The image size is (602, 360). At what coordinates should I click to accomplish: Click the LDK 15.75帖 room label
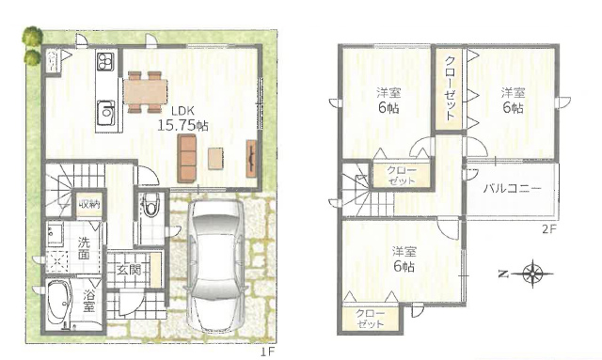click(182, 118)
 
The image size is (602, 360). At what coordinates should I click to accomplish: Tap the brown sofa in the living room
click(187, 159)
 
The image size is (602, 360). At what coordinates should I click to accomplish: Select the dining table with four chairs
click(146, 92)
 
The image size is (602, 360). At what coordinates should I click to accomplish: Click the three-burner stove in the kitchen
click(105, 62)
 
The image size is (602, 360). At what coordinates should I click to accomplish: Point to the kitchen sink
click(105, 113)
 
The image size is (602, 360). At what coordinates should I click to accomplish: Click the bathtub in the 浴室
click(59, 302)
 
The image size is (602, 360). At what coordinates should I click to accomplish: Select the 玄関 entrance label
click(129, 270)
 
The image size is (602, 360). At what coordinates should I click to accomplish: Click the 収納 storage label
click(89, 204)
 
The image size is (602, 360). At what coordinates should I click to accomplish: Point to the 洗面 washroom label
click(84, 248)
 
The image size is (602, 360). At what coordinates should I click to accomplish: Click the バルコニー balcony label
click(512, 189)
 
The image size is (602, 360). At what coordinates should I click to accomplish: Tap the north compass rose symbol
click(533, 274)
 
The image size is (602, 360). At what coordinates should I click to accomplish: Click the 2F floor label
click(549, 229)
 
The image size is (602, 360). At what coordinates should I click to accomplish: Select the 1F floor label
click(269, 351)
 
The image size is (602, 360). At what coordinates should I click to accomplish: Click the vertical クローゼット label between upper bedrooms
click(450, 88)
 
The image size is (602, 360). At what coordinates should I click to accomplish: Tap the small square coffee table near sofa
click(215, 159)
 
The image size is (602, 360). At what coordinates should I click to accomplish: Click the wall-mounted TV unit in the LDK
click(251, 158)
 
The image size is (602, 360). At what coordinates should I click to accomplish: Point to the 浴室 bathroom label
click(88, 301)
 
